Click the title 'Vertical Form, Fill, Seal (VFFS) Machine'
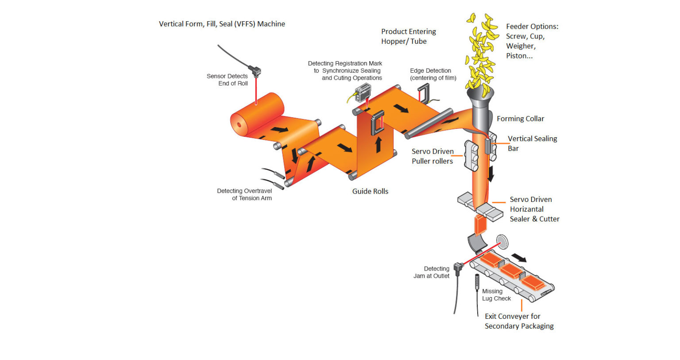(x=222, y=24)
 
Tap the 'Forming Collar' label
(x=520, y=119)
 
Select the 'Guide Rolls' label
(x=370, y=191)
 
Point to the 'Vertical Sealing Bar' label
(x=532, y=143)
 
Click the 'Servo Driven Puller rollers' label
(x=433, y=156)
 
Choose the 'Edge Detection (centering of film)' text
(x=433, y=74)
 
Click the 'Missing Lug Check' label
(x=496, y=295)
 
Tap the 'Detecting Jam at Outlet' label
(x=432, y=272)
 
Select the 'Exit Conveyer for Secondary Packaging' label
(x=518, y=321)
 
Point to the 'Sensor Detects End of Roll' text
(x=228, y=80)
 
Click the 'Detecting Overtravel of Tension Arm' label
(x=245, y=194)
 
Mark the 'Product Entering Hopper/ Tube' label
(x=408, y=36)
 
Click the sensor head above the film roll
(x=255, y=71)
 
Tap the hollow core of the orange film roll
(x=240, y=124)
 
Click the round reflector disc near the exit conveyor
(x=502, y=242)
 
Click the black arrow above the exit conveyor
(x=519, y=258)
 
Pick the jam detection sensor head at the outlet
(x=458, y=268)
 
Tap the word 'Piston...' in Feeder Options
(x=519, y=56)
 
